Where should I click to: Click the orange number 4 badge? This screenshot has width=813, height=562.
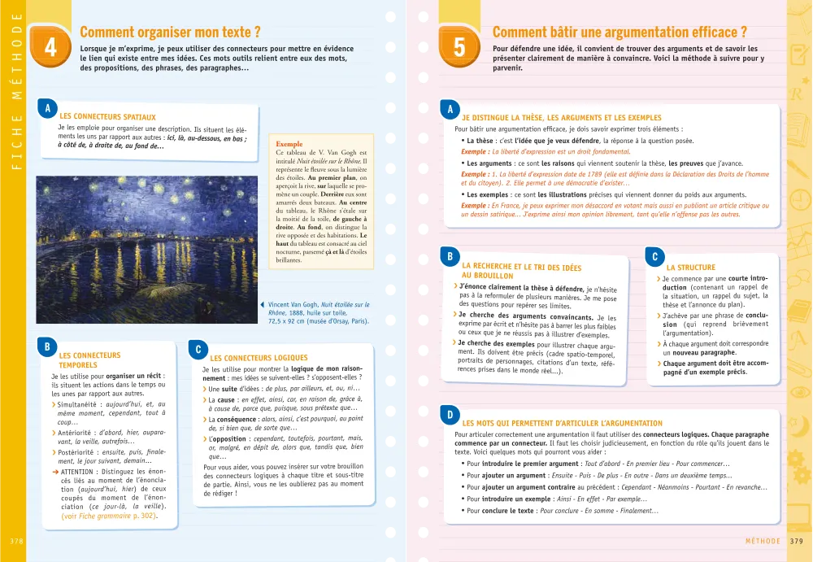coord(50,48)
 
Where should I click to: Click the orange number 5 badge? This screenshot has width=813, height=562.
coord(459,48)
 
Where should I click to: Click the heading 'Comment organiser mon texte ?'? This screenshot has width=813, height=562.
coord(170,33)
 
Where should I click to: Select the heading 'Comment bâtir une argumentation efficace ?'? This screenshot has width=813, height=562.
coord(620,33)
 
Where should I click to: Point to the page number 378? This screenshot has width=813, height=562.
coord(16,541)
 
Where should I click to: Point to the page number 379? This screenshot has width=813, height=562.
coord(796,541)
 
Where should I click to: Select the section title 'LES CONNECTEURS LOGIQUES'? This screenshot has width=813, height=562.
coord(259,358)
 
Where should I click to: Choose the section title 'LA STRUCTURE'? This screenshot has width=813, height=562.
coord(690,267)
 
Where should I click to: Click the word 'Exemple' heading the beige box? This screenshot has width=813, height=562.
coord(289,143)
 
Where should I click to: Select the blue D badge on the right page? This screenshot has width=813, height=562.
coord(450,415)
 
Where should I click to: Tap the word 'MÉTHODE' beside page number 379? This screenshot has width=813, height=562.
coord(764,541)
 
